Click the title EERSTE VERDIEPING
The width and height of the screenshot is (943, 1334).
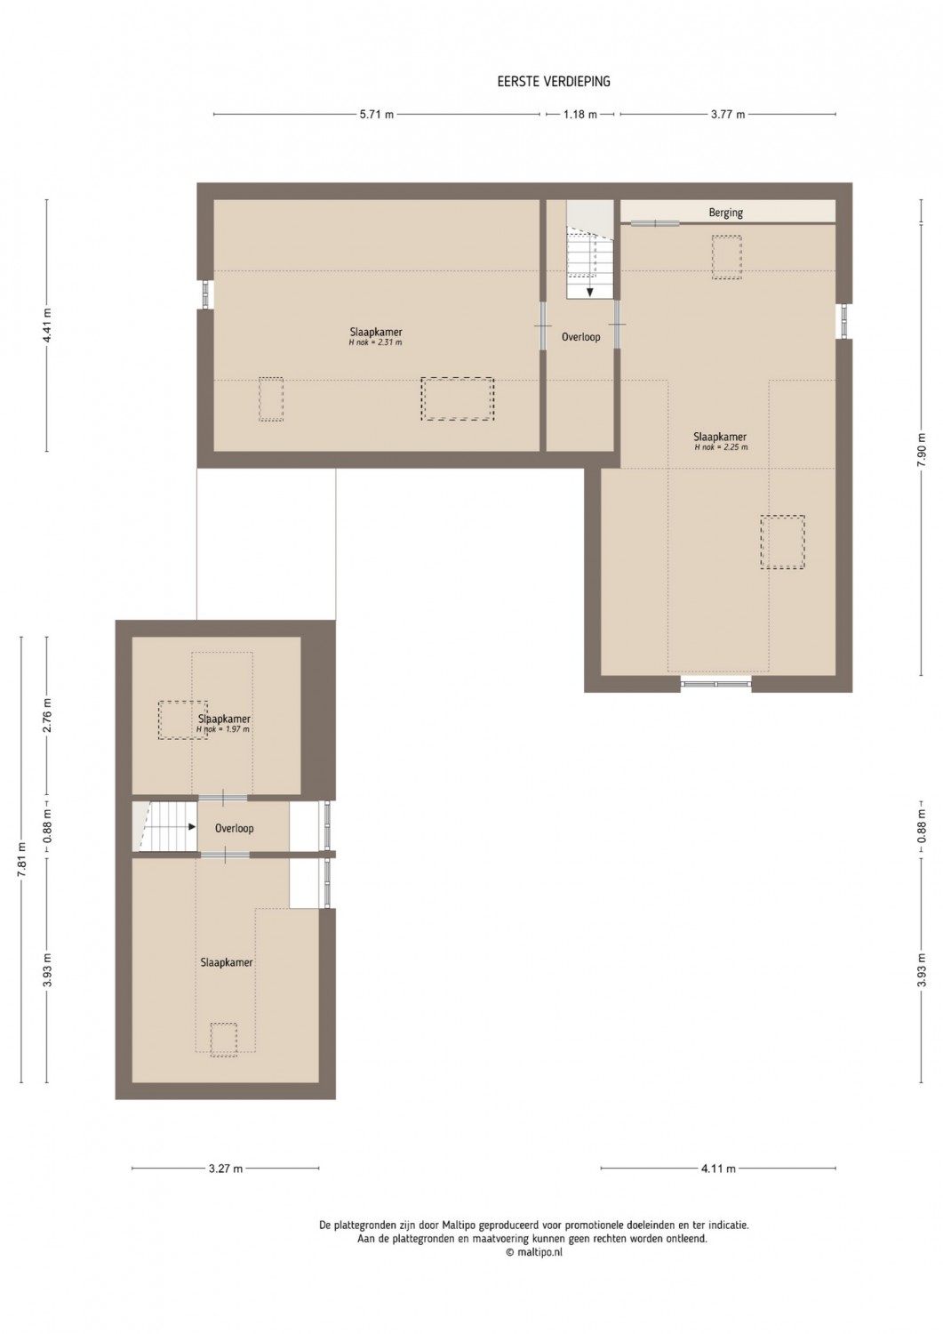(554, 82)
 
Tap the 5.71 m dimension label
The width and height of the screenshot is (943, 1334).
(376, 115)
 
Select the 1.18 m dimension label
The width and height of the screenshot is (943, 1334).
(579, 115)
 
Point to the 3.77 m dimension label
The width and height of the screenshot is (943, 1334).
(728, 115)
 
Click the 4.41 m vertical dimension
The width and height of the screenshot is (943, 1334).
(48, 325)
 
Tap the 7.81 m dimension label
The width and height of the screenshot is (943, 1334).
(22, 859)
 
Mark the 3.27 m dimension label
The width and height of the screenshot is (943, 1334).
(226, 1169)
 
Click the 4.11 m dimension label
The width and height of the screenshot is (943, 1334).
(718, 1169)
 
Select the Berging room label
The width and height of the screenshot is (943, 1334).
(726, 213)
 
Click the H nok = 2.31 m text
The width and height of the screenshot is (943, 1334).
(375, 342)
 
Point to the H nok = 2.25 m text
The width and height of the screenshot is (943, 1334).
(720, 447)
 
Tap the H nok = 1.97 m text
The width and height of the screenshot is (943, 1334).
(223, 729)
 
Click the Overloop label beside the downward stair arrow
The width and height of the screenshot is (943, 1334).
(581, 337)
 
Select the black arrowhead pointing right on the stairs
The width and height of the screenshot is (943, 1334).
(192, 826)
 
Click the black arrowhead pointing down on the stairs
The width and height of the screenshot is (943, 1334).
(590, 292)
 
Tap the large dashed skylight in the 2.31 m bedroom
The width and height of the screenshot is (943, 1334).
(457, 399)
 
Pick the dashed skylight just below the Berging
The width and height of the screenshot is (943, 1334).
(727, 257)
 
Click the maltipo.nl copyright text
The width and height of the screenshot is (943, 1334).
(534, 1252)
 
